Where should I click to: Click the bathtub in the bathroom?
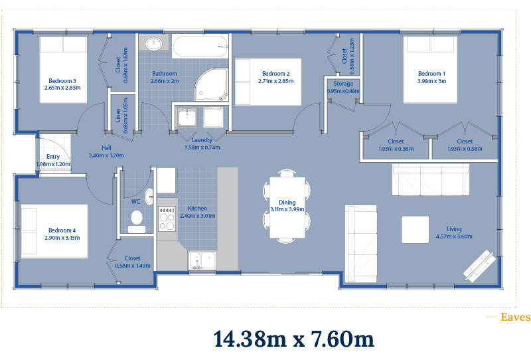pos(200,46)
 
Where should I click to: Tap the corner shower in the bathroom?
pos(212,84)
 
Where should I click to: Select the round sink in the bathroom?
pos(155,43)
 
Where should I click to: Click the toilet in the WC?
pos(137,222)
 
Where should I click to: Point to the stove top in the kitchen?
pos(167,219)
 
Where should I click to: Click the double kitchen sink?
pos(202,260)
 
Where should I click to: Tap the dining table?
pos(287,207)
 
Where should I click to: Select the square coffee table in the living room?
pos(416,230)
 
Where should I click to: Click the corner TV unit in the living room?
pos(479,266)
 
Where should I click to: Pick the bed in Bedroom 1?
pos(430,70)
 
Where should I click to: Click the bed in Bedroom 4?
pos(54,231)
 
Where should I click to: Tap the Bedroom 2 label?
pos(276,74)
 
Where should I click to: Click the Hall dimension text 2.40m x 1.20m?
pos(106,155)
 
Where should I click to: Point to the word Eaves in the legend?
pos(516,317)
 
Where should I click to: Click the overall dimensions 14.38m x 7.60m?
pos(294,339)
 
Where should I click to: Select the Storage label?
pos(343,84)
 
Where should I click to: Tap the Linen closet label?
pos(118,116)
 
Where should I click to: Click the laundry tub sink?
pos(187,118)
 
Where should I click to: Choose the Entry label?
pos(53,157)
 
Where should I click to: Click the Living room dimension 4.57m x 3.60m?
pos(454,236)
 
